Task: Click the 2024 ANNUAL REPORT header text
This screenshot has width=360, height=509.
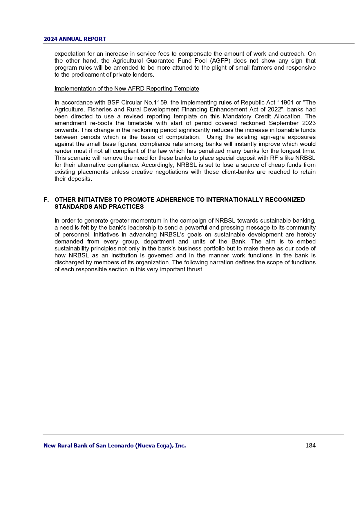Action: (x=75, y=39)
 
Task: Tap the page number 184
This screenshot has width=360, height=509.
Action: (x=310, y=445)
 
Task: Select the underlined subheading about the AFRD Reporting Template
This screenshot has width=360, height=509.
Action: (x=127, y=89)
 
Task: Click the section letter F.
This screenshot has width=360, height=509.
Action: (x=46, y=200)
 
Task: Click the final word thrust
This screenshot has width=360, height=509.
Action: (x=195, y=269)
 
